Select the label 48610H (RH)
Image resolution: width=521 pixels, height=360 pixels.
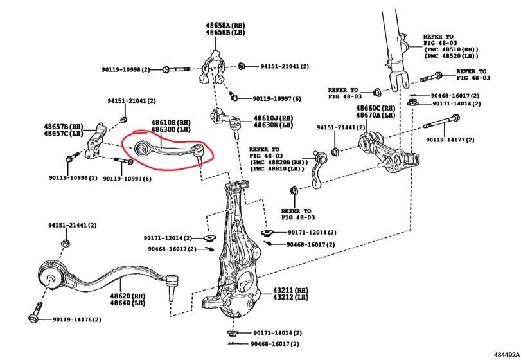click(170, 122)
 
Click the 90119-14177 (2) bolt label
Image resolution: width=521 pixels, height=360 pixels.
click(450, 139)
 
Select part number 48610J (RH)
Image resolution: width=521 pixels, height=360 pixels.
click(273, 118)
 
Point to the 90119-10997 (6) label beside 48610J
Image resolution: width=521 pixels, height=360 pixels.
click(277, 98)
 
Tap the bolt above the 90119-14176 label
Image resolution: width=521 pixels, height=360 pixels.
click(34, 316)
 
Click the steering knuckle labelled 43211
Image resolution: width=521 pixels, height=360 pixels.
click(234, 257)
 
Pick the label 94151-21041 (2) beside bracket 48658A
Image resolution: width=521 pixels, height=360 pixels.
click(285, 66)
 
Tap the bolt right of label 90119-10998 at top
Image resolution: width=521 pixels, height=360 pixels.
click(177, 69)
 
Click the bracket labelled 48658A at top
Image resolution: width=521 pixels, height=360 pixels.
click(213, 67)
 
